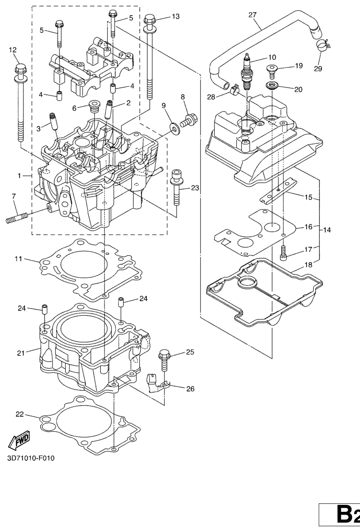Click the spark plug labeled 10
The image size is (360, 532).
247,73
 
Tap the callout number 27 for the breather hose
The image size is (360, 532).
252,15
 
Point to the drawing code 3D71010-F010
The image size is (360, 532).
31,458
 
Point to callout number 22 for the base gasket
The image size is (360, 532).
19,414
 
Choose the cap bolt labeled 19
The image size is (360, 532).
272,71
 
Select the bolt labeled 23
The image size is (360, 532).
176,187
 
